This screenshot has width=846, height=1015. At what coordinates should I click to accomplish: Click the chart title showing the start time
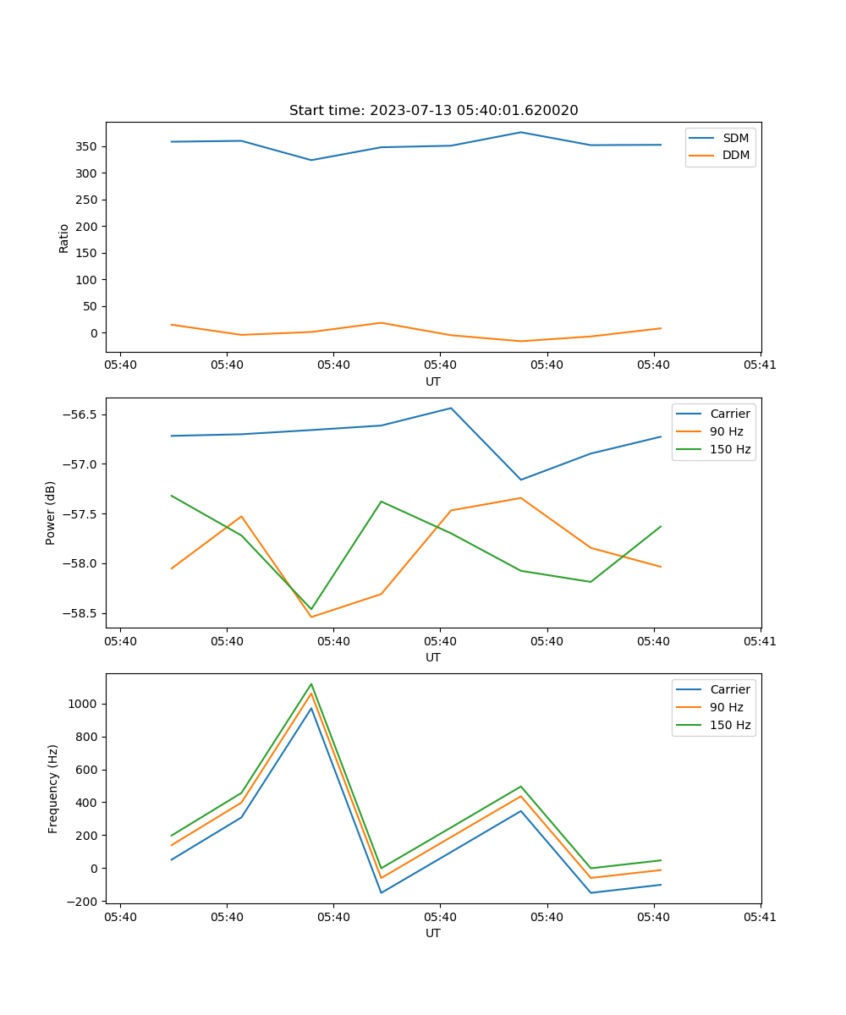(433, 111)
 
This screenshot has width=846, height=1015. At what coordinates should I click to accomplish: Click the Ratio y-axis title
(64, 238)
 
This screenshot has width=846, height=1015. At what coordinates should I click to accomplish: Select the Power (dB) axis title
(51, 513)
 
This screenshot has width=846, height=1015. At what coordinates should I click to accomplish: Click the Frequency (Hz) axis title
(53, 788)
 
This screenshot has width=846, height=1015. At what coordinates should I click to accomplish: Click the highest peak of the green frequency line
(311, 683)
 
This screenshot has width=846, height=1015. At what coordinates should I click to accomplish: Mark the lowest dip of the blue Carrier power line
(520, 480)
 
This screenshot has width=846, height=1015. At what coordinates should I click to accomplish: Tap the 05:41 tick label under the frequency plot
(760, 917)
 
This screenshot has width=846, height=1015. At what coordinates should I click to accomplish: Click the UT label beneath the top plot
(433, 381)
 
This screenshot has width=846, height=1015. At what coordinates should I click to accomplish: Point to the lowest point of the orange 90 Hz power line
(311, 617)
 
